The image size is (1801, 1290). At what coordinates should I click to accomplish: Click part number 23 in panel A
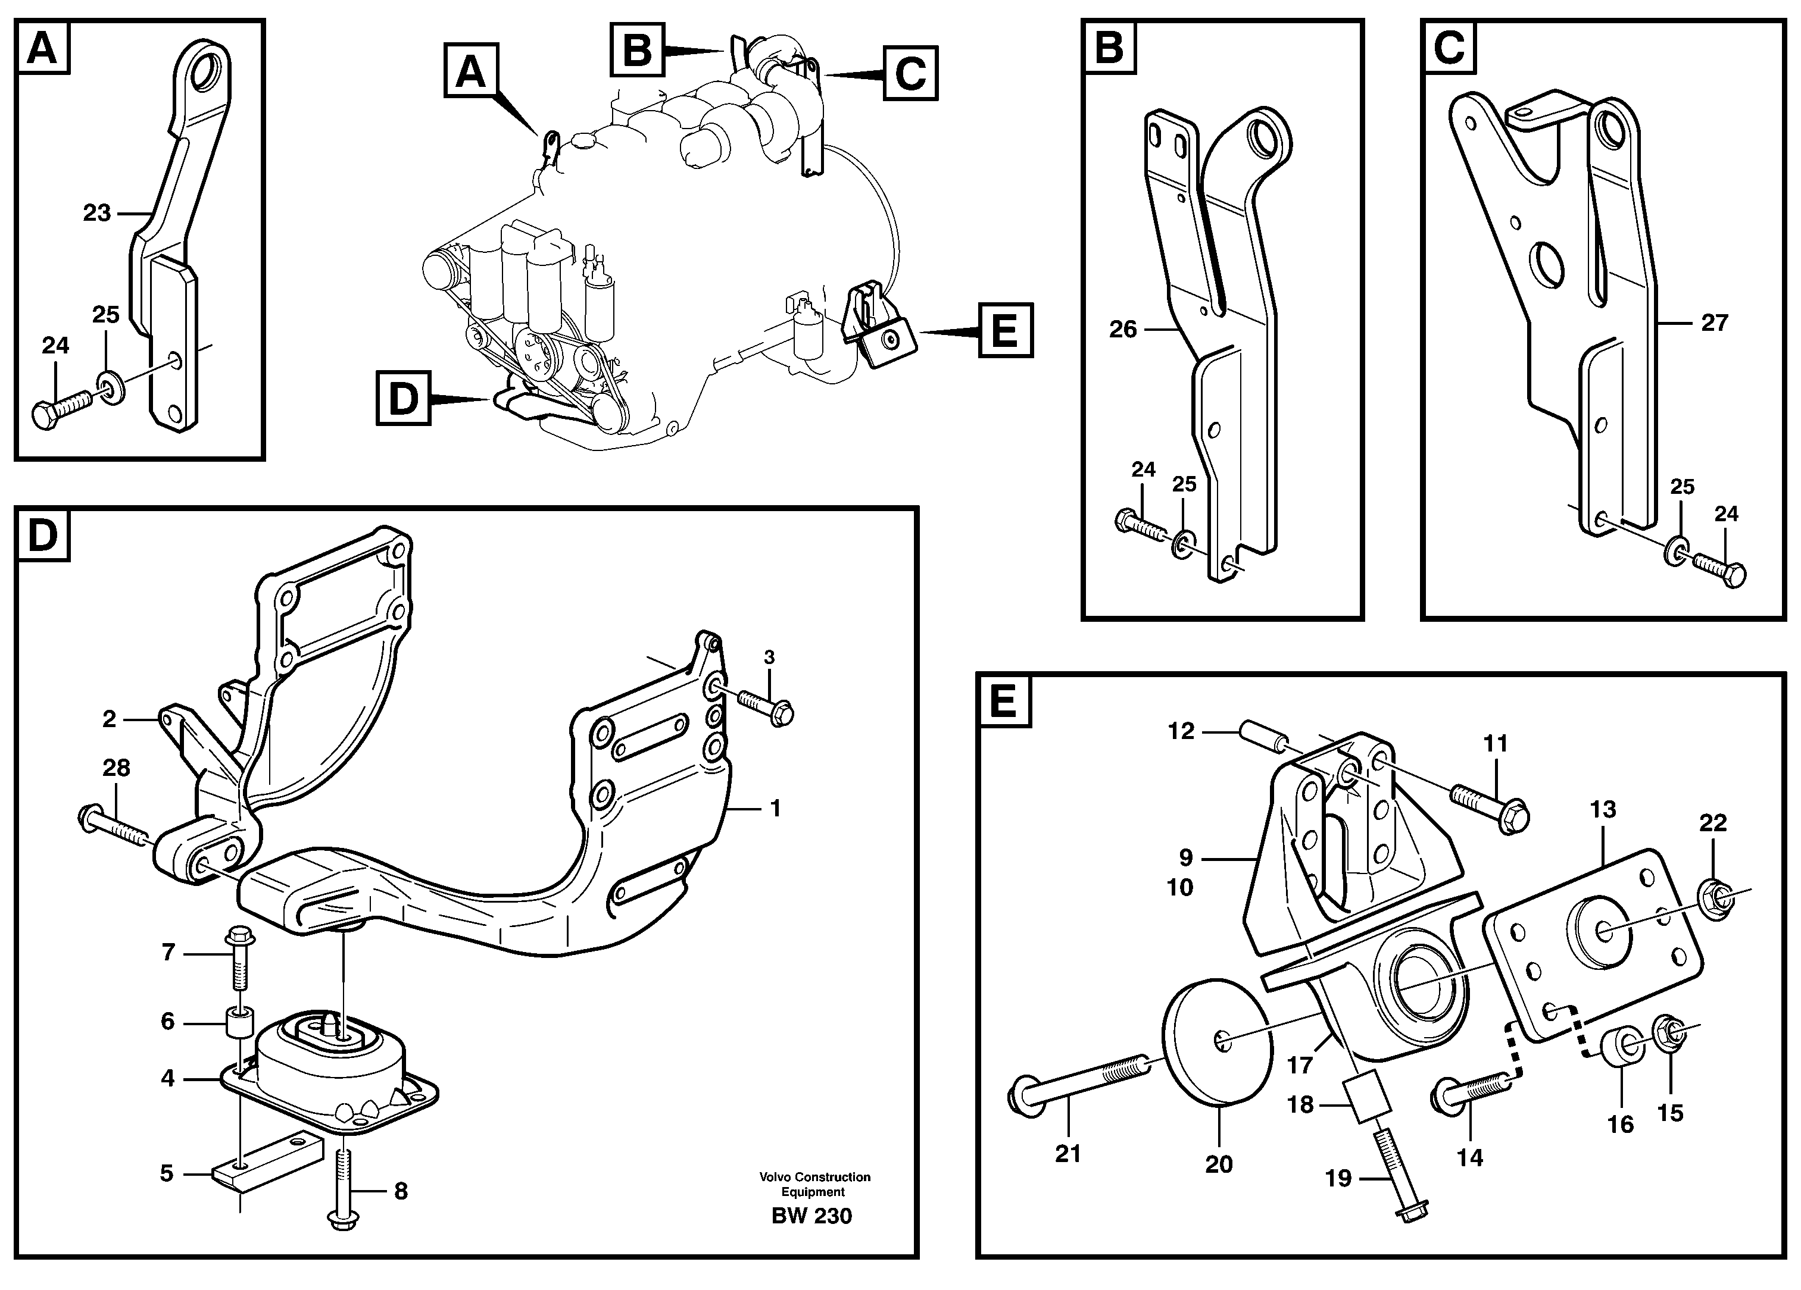97,213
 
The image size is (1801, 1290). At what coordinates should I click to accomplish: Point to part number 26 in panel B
1123,328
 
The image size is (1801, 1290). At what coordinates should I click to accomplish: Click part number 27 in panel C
1715,322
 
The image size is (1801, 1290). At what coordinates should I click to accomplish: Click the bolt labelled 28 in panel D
115,826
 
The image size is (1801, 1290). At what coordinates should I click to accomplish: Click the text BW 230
811,1216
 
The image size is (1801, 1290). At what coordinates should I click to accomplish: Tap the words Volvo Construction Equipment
814,1185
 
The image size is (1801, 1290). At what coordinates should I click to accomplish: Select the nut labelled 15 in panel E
1670,1033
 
